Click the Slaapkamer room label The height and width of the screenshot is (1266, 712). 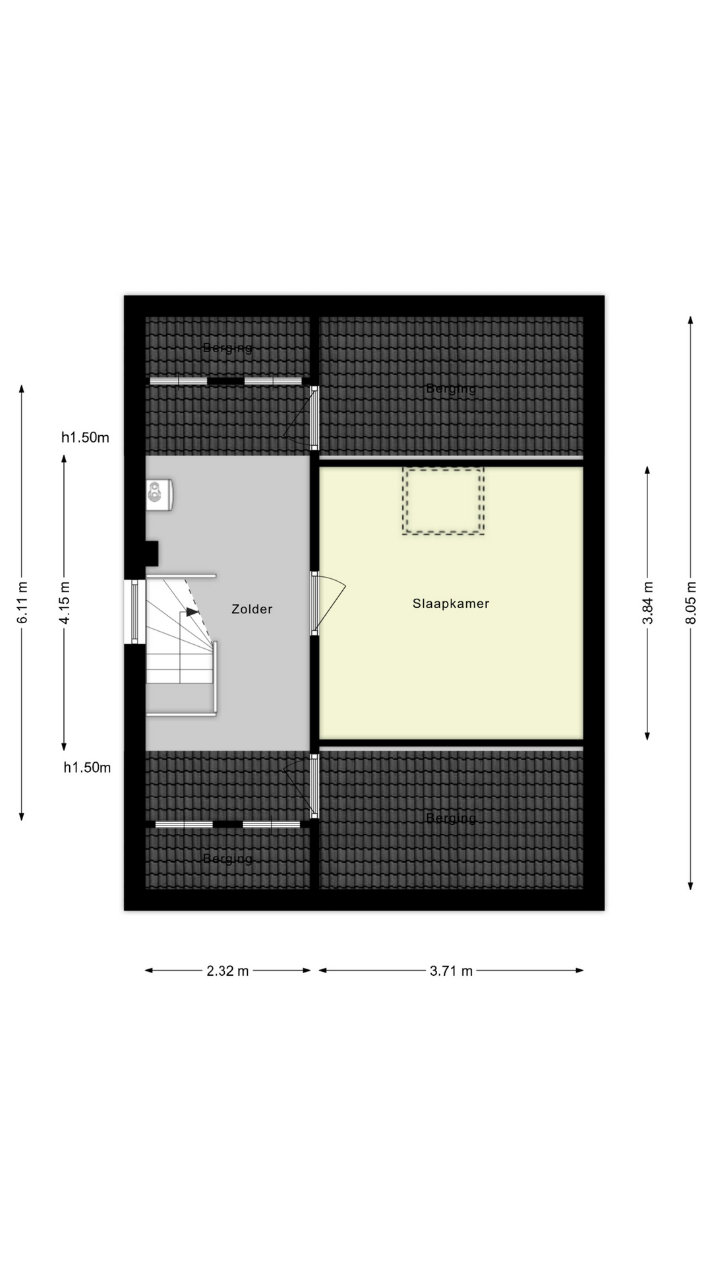pos(451,603)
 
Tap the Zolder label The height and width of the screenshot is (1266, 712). pos(252,609)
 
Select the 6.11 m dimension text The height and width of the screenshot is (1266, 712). pos(22,602)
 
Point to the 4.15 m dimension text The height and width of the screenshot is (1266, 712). pos(65,603)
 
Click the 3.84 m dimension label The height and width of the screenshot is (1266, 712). pos(648,603)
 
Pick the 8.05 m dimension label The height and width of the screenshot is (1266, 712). pos(691,603)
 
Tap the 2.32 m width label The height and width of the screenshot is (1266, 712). pos(227,971)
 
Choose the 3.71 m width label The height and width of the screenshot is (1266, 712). pos(451,971)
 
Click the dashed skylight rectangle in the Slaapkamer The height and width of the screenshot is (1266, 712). pos(443,501)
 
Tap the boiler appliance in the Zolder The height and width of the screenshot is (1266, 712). pos(160,495)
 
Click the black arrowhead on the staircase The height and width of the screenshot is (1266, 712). pos(192,612)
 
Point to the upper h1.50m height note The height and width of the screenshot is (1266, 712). pos(85,437)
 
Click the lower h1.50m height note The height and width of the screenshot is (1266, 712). pos(87,768)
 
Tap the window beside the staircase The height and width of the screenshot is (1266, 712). pos(134,611)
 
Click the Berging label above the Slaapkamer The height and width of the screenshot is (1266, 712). pos(451,388)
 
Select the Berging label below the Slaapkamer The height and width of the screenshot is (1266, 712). pos(451,818)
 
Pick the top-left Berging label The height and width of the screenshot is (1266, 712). pos(227,347)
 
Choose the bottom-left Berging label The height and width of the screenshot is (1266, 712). pos(227,859)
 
